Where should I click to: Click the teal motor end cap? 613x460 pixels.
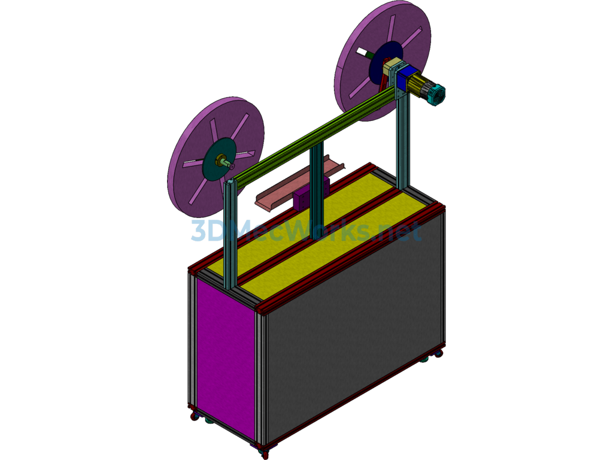tap(436, 93)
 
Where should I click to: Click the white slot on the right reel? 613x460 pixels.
tap(362, 52)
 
